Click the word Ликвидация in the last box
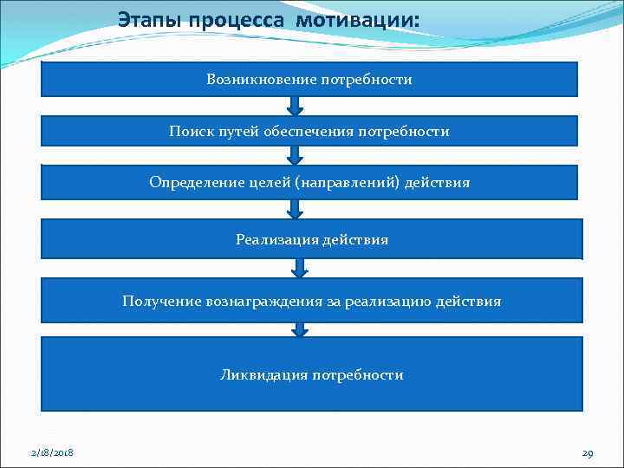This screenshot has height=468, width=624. pyautogui.click(x=263, y=375)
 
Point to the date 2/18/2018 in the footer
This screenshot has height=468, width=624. pyautogui.click(x=52, y=453)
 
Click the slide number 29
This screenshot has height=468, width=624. pyautogui.click(x=588, y=453)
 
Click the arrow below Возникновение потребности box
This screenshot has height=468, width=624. pyautogui.click(x=296, y=106)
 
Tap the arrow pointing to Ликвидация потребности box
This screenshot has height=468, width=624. pyautogui.click(x=300, y=329)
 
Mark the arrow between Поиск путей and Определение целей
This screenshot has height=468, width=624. pyautogui.click(x=296, y=155)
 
